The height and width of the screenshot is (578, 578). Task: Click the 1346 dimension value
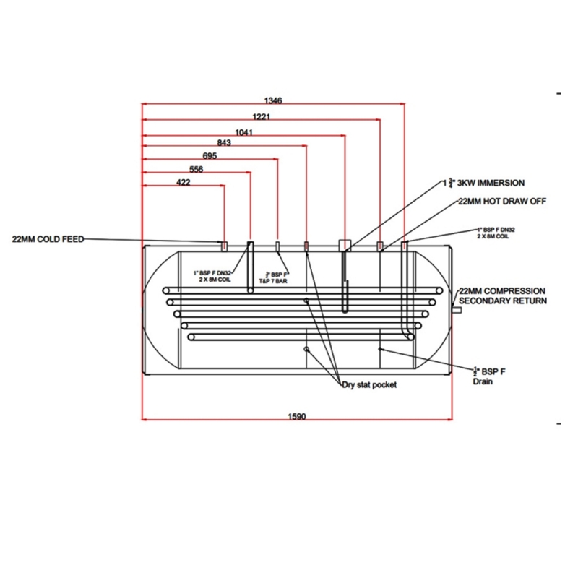click(x=273, y=100)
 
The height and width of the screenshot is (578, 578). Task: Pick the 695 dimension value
click(x=210, y=155)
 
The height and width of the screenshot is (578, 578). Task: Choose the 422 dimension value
click(x=184, y=183)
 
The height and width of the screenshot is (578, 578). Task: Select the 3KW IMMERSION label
click(x=488, y=183)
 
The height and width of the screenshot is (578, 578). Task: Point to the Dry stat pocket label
click(x=369, y=385)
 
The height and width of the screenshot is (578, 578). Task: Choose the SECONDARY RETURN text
click(x=503, y=300)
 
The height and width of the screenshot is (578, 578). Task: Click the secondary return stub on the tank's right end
click(x=457, y=309)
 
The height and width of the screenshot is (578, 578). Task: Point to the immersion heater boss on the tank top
click(x=344, y=245)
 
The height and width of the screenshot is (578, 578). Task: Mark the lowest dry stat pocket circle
click(x=307, y=349)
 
